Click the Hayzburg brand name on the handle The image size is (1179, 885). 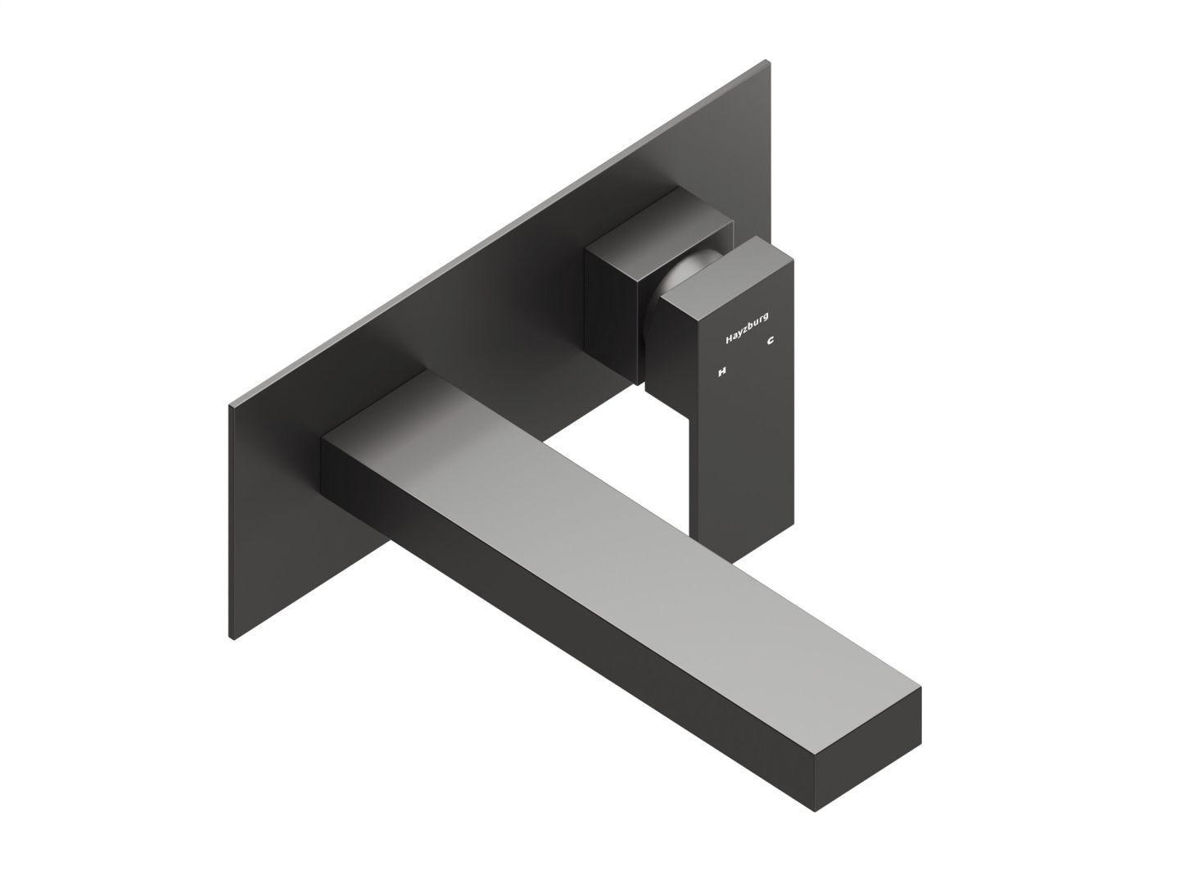click(746, 327)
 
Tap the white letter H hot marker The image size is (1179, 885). click(722, 371)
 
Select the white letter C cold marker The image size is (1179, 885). click(770, 341)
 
